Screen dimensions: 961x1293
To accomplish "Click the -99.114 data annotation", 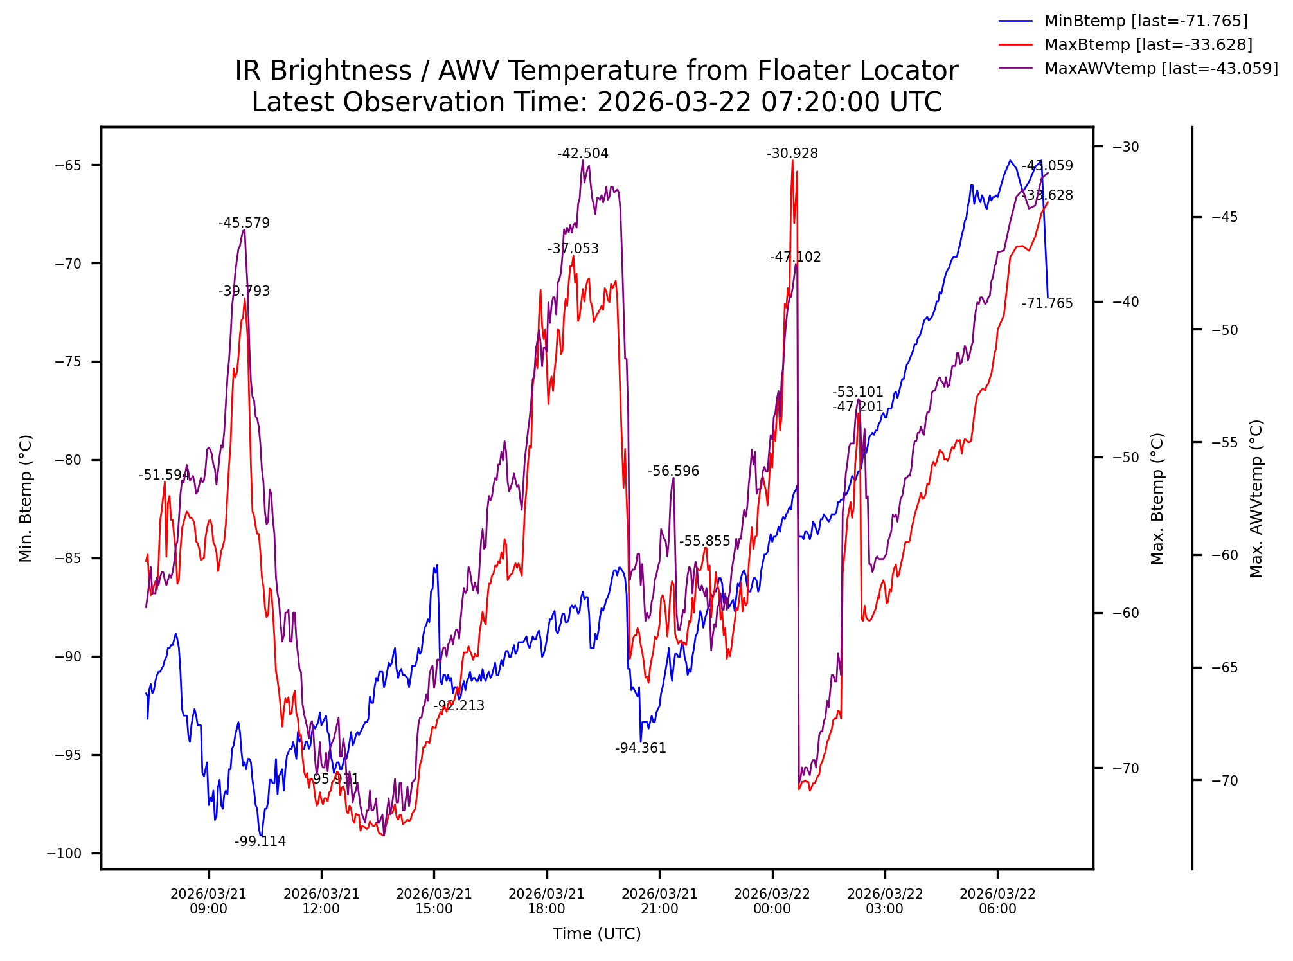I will [x=260, y=842].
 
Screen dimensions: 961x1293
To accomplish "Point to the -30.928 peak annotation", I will [x=792, y=154].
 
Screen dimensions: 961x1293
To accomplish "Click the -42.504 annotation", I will [x=583, y=154].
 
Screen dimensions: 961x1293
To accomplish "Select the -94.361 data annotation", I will [x=641, y=748].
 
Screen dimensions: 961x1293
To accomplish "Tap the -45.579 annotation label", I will [x=244, y=224].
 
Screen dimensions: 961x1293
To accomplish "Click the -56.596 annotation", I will [x=673, y=471].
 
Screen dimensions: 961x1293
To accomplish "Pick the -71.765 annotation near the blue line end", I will [x=1048, y=303].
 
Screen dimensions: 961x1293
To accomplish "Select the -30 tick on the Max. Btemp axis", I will [x=1125, y=147].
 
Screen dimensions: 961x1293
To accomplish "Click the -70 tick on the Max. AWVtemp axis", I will [x=1224, y=781].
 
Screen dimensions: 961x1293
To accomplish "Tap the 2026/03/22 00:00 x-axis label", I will [x=772, y=901].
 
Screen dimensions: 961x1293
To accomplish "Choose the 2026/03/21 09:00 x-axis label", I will [x=209, y=901].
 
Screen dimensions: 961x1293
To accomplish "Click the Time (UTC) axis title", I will [x=596, y=934].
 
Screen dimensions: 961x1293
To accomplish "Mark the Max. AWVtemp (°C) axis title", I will [x=1256, y=499].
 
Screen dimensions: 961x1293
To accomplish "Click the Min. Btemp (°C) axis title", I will [x=26, y=499].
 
